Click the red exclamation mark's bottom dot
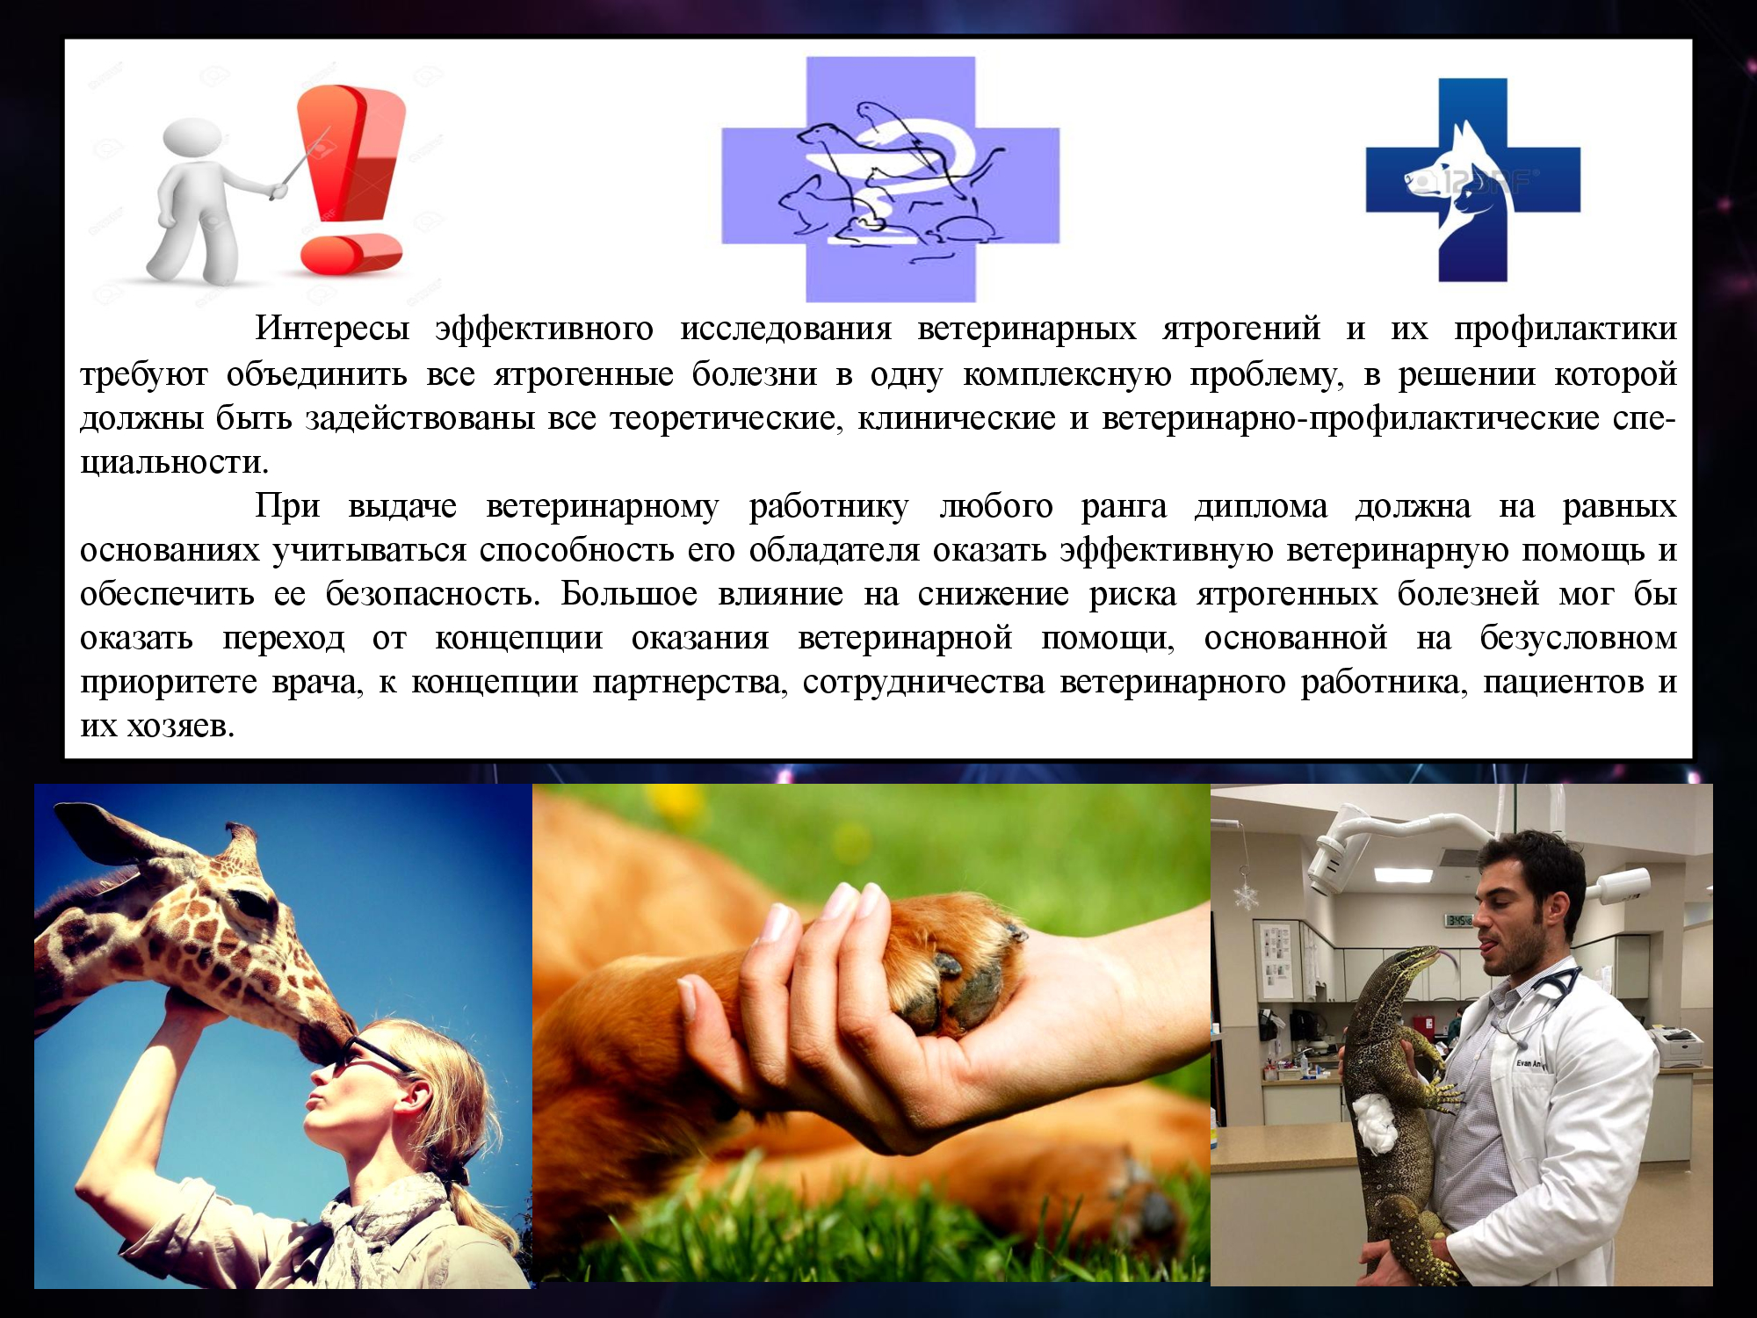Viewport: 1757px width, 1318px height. [x=349, y=254]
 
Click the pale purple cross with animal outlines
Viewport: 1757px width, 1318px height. [x=891, y=179]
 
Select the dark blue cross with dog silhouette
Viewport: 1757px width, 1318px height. [x=1473, y=180]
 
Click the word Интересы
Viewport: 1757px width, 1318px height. [x=332, y=329]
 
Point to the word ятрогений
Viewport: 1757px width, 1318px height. [x=1241, y=329]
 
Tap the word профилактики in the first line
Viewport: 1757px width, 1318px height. [x=1565, y=329]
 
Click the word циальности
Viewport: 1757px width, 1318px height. [x=174, y=462]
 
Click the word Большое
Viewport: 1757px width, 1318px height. [x=629, y=594]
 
